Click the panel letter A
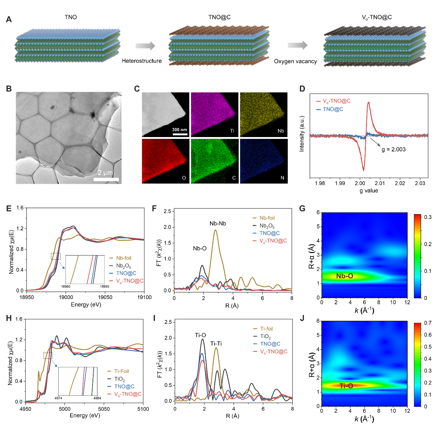9,19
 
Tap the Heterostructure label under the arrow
142,61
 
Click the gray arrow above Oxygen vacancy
297,45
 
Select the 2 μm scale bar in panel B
106,179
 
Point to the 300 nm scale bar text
179,130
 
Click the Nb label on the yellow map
280,131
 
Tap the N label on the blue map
282,178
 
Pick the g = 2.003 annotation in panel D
394,149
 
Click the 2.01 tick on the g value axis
380,183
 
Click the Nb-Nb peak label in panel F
218,224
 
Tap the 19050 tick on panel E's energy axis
105,297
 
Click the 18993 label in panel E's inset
104,287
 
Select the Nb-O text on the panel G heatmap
345,276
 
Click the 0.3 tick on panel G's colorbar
428,217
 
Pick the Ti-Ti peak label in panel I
216,344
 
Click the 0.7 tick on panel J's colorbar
428,323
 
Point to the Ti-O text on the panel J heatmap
346,386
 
